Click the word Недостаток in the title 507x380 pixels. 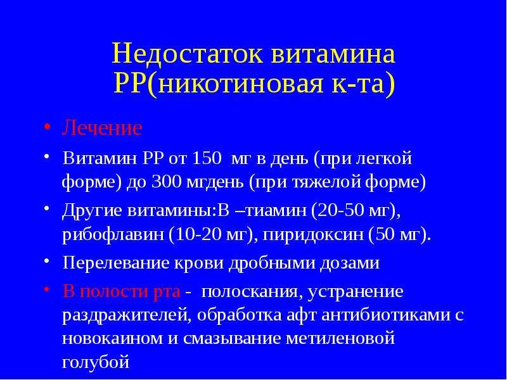[187, 54]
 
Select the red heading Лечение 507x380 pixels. [102, 128]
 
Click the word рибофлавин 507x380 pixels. [113, 235]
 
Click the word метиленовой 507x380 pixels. [340, 339]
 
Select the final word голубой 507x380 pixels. [96, 362]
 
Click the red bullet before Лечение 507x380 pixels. [47, 127]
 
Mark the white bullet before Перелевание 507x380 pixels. [47, 261]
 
